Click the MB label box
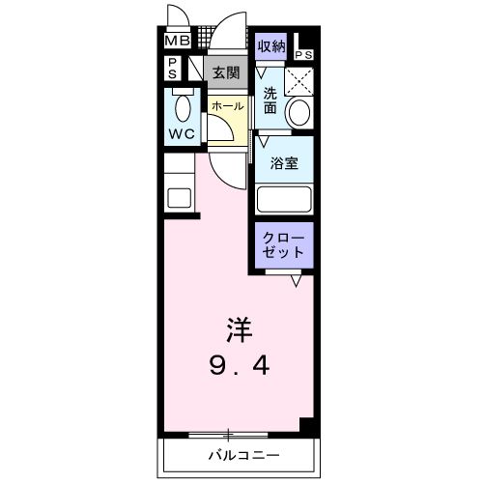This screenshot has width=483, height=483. coord(176,42)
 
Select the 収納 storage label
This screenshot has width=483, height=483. coord(271,44)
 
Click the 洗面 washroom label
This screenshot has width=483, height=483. coord(270,100)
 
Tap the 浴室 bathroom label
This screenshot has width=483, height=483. coord(284,163)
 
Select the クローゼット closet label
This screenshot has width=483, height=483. coord(284,242)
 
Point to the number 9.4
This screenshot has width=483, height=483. coord(240,366)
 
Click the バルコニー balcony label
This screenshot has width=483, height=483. coord(241,454)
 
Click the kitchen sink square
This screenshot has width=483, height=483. coord(180,197)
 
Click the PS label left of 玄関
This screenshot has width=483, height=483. coord(172,70)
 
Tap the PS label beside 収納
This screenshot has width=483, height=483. coord(305,55)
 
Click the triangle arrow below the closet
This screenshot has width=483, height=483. coord(297,281)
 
